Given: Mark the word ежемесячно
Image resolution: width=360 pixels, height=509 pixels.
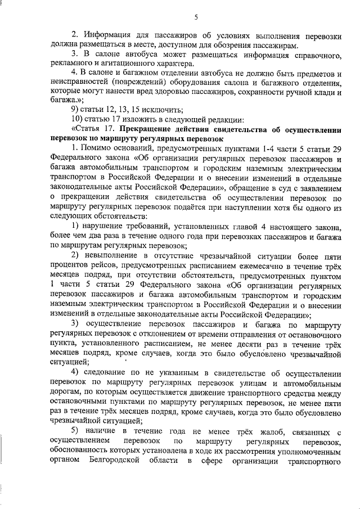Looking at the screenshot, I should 272,266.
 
